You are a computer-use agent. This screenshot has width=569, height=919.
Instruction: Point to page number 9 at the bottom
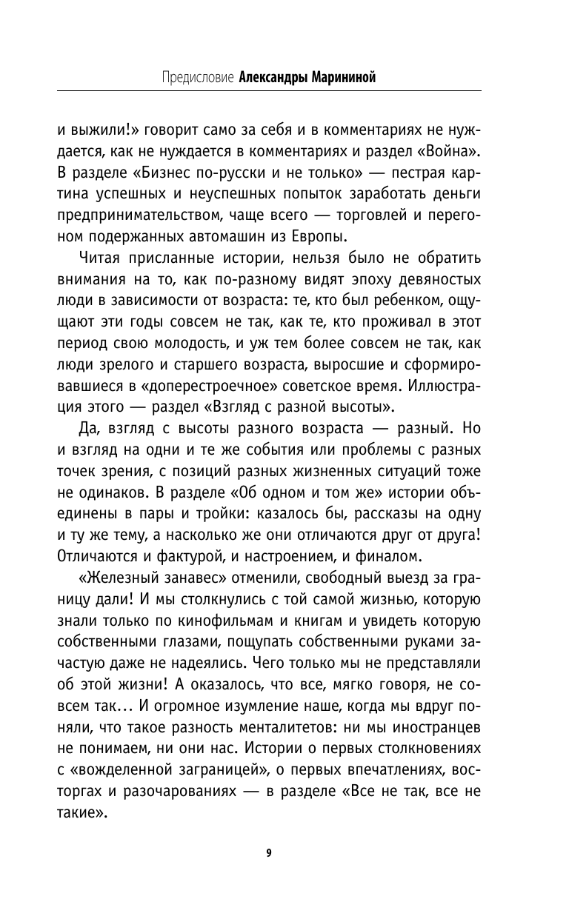point(269,852)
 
